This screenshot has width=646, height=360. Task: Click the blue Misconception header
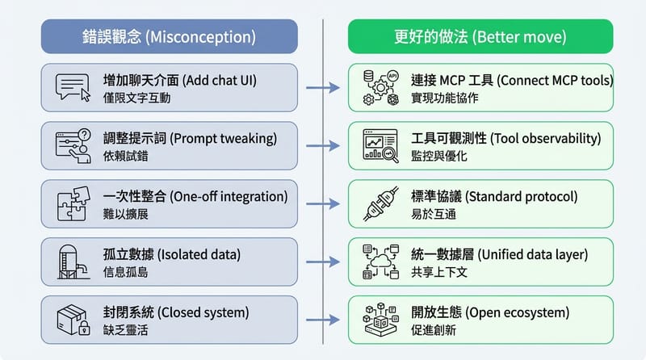click(x=169, y=36)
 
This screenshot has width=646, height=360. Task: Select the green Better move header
click(x=480, y=36)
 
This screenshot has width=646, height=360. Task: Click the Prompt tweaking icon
click(x=73, y=145)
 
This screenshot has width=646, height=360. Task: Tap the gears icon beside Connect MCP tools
click(x=381, y=87)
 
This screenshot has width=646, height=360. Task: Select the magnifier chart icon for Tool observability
click(x=381, y=145)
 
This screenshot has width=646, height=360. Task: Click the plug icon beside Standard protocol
click(x=381, y=203)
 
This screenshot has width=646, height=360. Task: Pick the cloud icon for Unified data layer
click(x=381, y=260)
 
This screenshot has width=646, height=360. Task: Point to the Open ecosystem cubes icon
click(x=381, y=316)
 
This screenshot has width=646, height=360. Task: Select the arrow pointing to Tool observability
click(x=322, y=145)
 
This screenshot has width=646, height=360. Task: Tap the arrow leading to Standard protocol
click(x=322, y=203)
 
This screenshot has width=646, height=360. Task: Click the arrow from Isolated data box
click(x=322, y=260)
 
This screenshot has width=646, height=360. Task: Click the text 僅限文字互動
click(x=137, y=98)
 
